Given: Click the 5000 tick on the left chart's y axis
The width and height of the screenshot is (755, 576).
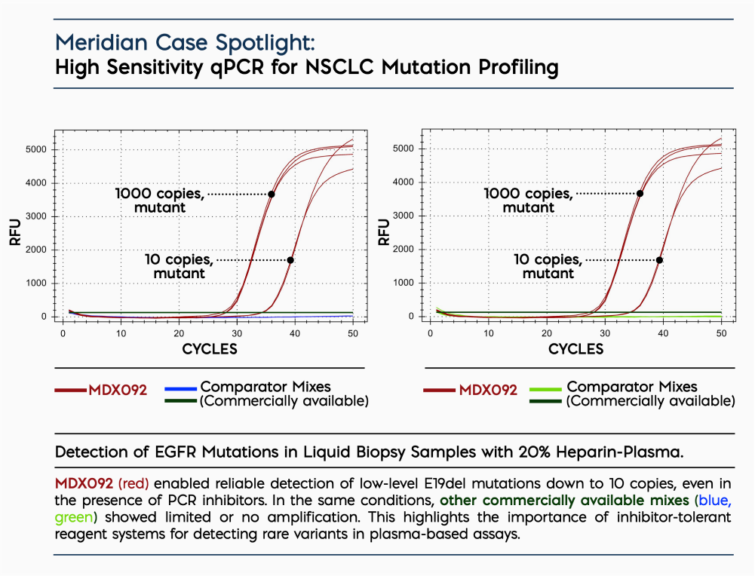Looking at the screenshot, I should coord(38,149).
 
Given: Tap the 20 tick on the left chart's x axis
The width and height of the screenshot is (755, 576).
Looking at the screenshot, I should coord(179,332).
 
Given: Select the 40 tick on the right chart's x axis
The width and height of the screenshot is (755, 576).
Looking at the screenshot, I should coord(663,332).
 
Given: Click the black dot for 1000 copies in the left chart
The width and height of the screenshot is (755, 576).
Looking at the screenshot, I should coord(272,194).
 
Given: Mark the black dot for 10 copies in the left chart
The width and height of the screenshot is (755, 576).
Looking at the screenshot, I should coord(290,260).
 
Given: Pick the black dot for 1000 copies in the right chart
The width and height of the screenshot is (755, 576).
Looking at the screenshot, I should coord(640,193).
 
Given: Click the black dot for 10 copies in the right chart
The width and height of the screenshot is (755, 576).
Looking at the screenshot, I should coord(659,260).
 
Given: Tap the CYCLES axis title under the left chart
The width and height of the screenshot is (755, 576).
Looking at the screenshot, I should coord(210,349).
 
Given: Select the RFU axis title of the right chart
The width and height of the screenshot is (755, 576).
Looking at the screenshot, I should coord(384,232).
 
